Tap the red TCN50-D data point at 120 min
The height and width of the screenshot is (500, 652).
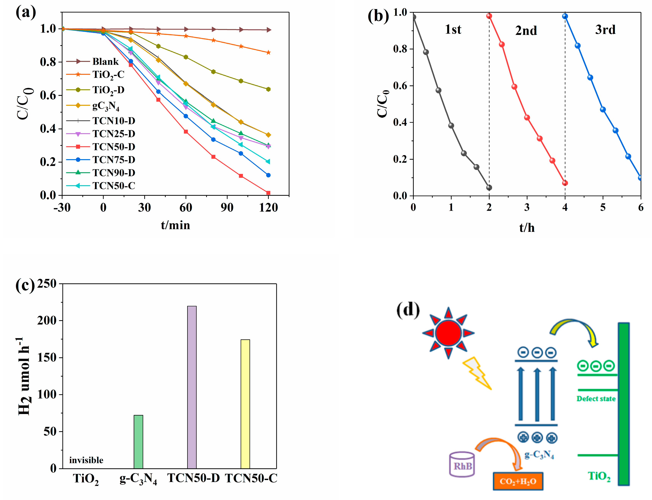tap(268, 193)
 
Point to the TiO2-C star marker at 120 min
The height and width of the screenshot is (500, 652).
tap(268, 52)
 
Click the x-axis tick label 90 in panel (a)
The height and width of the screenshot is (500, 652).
tap(227, 207)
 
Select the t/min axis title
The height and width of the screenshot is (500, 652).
tap(175, 225)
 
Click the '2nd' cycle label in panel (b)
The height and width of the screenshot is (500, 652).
tap(526, 31)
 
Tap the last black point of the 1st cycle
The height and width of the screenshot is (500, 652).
tap(489, 187)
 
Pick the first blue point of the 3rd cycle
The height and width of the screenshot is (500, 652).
tap(565, 16)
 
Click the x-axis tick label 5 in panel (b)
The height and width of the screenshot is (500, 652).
tap(603, 207)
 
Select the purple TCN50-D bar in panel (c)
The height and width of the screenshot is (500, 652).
tap(192, 387)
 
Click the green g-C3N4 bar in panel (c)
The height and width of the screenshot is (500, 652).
tap(138, 442)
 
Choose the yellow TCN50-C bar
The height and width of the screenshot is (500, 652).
tap(245, 404)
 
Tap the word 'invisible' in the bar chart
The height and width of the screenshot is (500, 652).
tap(86, 461)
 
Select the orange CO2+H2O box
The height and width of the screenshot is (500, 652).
tap(518, 481)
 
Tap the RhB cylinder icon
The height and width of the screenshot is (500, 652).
tap(462, 464)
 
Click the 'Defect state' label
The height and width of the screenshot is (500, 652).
tap(596, 399)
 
